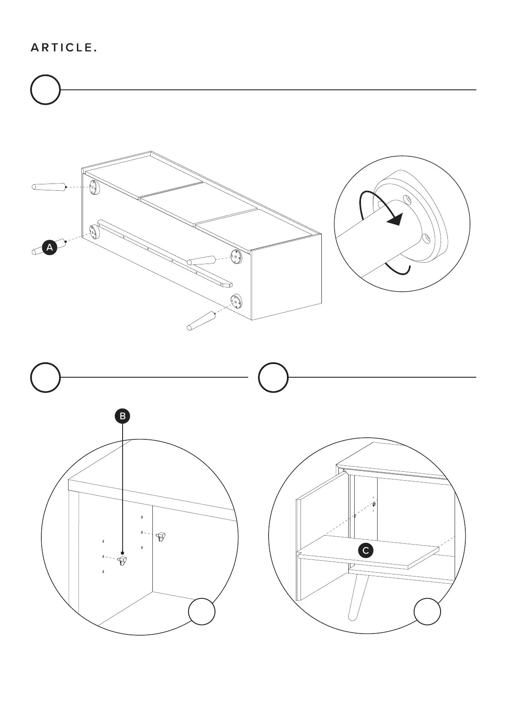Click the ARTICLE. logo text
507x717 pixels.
[63, 48]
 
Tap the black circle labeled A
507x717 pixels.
[50, 247]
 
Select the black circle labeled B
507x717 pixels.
[123, 416]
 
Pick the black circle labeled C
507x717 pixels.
[365, 551]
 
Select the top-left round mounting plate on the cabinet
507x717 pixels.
[94, 187]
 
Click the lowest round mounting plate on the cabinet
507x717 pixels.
[235, 301]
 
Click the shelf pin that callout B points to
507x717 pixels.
[123, 560]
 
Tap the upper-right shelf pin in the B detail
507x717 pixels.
[161, 536]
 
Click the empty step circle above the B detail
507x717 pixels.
[45, 377]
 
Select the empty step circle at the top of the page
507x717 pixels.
[45, 90]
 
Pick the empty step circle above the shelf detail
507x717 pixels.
[273, 377]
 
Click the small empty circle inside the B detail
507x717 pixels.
[202, 612]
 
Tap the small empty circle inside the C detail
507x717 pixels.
[427, 612]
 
